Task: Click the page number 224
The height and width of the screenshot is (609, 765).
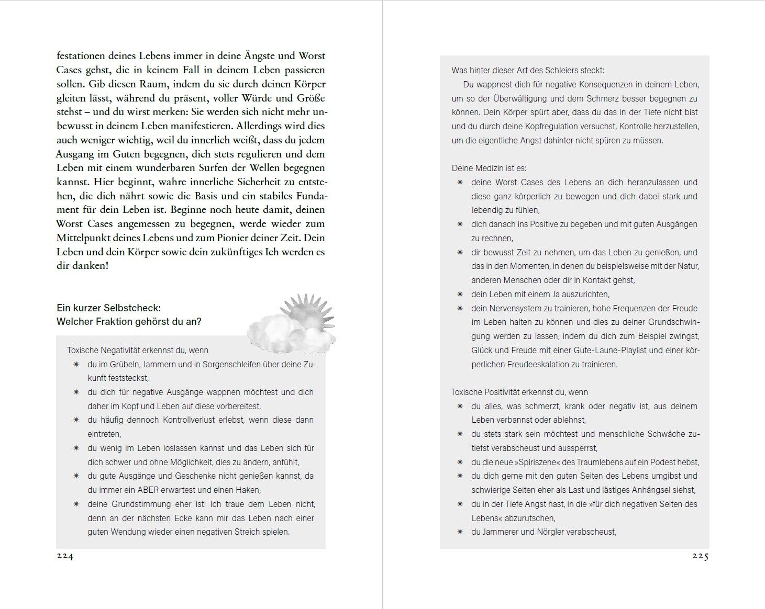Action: (x=65, y=557)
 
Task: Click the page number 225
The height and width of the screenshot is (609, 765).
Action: (x=700, y=557)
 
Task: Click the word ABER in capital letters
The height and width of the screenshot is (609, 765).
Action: (x=151, y=490)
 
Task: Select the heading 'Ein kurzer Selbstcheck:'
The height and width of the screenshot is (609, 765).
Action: (x=108, y=308)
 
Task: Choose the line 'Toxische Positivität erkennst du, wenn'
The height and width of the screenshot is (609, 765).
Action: (x=519, y=392)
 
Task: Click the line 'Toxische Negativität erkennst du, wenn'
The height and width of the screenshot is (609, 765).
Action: (x=138, y=351)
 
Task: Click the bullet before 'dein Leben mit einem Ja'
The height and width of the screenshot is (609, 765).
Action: (x=460, y=295)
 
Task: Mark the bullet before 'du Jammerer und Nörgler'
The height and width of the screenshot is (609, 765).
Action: (x=460, y=532)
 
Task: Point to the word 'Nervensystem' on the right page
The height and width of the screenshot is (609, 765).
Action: (x=516, y=309)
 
